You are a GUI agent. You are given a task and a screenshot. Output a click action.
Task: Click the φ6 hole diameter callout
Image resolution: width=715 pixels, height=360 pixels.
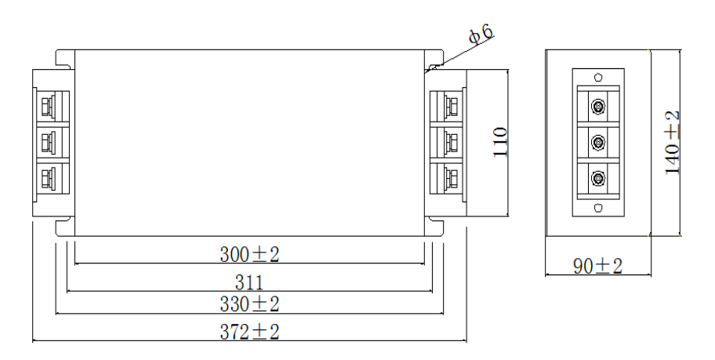click(x=481, y=34)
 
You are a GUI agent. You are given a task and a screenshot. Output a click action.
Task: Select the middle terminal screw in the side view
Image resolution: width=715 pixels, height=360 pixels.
click(x=598, y=142)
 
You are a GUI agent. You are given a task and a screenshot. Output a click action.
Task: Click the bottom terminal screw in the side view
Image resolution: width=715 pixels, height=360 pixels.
click(x=598, y=178)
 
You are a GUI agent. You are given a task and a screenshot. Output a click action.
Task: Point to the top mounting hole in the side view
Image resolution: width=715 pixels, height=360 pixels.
click(x=598, y=77)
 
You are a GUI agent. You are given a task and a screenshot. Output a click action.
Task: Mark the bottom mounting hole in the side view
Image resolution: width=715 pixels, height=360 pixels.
click(x=598, y=208)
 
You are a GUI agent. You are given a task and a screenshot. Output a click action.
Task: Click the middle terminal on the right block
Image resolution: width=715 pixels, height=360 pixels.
click(x=450, y=142)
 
